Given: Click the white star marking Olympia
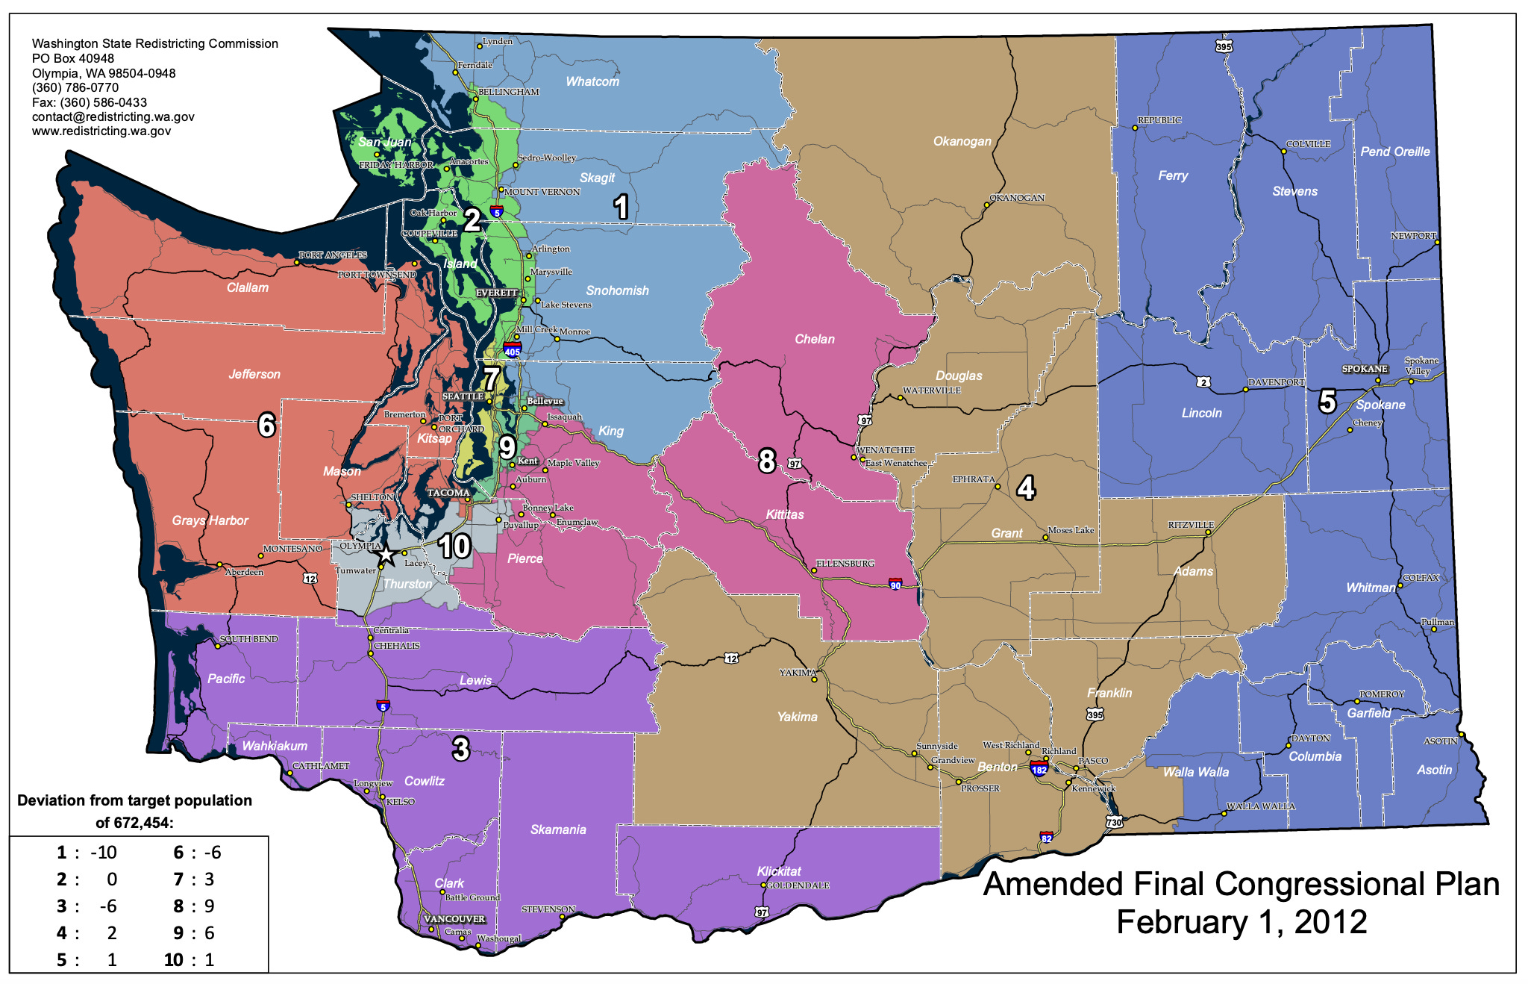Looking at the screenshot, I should point(385,555).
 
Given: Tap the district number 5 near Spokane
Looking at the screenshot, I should point(1327,402).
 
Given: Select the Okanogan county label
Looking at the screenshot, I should point(962,141).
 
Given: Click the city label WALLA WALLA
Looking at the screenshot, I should point(1261,806).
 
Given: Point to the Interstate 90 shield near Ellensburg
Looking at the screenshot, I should point(895,584).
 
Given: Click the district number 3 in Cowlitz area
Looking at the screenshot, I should point(460,748).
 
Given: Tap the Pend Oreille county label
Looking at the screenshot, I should point(1394,152).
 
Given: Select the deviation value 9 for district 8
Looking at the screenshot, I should point(210,906).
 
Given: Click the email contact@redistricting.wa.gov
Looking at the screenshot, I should point(113,116).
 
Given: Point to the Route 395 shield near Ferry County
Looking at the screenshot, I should point(1224,46).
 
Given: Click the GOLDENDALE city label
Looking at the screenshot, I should point(798,885).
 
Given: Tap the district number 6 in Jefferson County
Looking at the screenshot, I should point(266,425).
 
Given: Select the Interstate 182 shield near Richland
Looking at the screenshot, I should point(1039,769).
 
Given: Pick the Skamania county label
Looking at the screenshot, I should point(557,829).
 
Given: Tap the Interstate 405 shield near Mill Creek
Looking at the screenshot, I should point(512,350).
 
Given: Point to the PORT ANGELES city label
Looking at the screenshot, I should point(332,255).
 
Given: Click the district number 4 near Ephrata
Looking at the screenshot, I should point(1026,488).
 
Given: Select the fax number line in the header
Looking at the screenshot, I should point(89,102).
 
